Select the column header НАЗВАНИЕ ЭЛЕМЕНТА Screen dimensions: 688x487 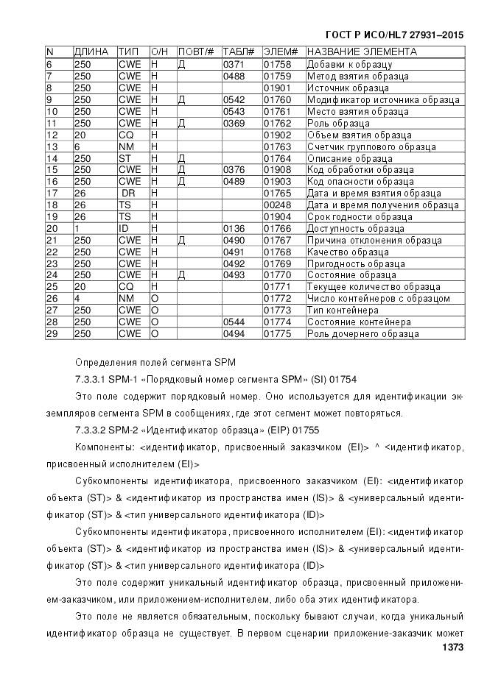[361, 52]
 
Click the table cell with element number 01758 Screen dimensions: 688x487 [278, 65]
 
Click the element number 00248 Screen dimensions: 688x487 [278, 205]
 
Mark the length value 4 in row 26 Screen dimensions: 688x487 [77, 299]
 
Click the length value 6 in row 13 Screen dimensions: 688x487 [77, 146]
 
